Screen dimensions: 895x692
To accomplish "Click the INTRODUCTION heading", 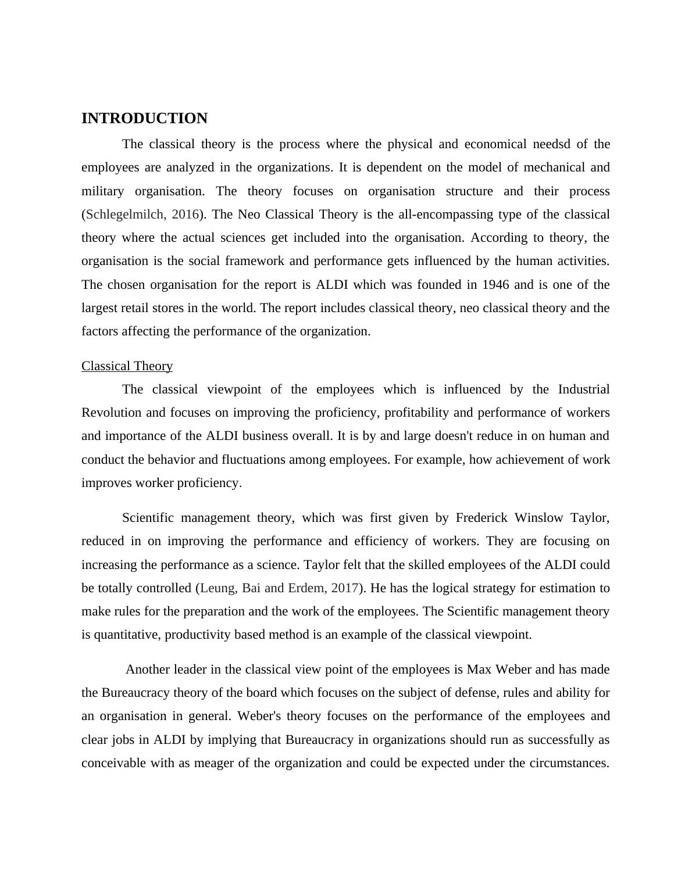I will point(144,119).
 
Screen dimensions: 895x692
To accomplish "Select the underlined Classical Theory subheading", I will point(127,366).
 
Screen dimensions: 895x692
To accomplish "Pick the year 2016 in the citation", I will point(186,214).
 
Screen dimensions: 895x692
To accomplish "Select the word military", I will point(102,191).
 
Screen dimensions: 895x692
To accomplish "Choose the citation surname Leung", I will point(219,588).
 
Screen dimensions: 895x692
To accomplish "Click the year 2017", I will point(344,588).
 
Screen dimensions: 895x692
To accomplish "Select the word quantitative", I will point(125,635).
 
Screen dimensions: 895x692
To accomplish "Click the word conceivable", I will point(114,763).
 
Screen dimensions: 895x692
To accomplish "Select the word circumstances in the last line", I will point(568,763).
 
